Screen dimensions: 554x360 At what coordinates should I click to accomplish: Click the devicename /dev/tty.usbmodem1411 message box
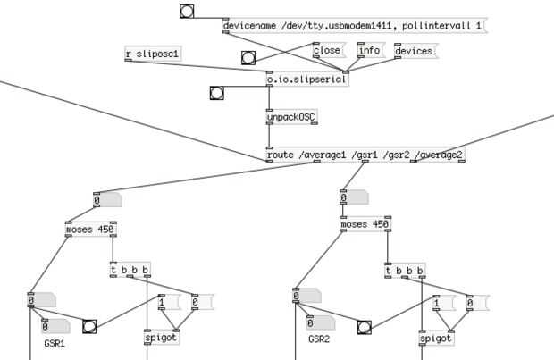click(x=355, y=25)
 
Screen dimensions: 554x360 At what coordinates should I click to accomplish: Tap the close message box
click(x=330, y=51)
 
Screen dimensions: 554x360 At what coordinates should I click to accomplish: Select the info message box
click(x=371, y=51)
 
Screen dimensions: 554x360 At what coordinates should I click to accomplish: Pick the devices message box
click(x=415, y=51)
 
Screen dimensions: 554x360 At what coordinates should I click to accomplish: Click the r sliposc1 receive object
click(x=153, y=54)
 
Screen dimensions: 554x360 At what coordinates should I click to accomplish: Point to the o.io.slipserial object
click(x=307, y=80)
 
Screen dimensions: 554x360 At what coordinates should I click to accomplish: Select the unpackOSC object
click(x=292, y=117)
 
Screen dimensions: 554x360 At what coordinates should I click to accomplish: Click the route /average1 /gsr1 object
click(x=365, y=155)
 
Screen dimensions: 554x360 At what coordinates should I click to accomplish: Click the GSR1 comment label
click(x=55, y=344)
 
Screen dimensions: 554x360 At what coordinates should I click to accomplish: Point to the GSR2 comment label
click(x=319, y=339)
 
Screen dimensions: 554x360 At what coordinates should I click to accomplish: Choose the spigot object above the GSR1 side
click(x=162, y=338)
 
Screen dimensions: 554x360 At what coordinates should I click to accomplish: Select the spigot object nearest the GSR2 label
click(x=436, y=339)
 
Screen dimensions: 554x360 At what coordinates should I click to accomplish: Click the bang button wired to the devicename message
click(x=187, y=12)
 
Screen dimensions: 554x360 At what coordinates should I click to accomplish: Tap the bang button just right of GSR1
click(x=89, y=326)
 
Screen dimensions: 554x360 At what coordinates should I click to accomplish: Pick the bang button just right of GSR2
click(x=365, y=328)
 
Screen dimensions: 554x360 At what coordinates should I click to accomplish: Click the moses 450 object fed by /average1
click(x=91, y=230)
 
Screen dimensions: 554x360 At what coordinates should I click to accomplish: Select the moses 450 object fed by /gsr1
click(x=365, y=224)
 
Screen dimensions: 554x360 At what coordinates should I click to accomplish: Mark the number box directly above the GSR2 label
click(x=321, y=322)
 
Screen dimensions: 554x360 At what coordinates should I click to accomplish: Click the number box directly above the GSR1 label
click(x=55, y=326)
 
